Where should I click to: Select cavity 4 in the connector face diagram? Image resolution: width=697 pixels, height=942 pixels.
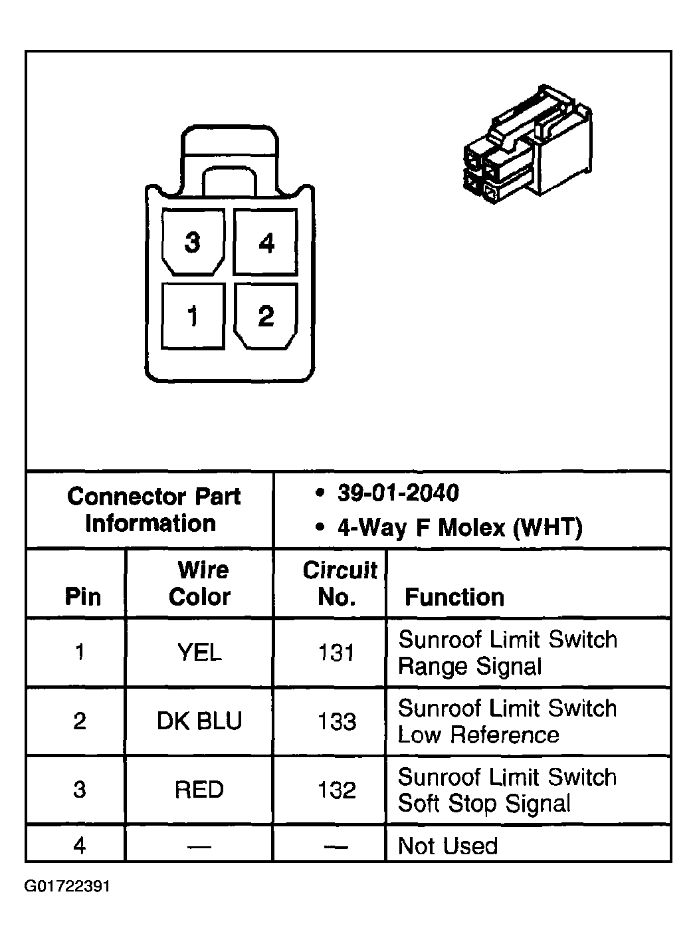click(x=266, y=242)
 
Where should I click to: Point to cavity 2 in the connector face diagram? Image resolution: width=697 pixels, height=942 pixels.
click(x=266, y=316)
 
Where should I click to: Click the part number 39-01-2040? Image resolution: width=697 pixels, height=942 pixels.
click(x=397, y=493)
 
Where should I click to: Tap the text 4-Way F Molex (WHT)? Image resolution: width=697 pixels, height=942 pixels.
click(x=459, y=528)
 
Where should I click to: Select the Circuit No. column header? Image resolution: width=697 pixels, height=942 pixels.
click(x=339, y=583)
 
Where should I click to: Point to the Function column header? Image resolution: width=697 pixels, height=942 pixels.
click(x=454, y=597)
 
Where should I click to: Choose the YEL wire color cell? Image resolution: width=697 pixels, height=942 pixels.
click(x=199, y=653)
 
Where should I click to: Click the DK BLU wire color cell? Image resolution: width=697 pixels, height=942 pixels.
click(x=199, y=721)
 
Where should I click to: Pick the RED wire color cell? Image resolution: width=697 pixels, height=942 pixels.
click(x=199, y=790)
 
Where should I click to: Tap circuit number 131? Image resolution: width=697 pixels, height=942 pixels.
click(x=337, y=653)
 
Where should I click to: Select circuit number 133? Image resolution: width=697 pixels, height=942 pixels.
click(x=337, y=721)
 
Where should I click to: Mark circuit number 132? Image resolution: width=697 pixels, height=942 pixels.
click(x=337, y=790)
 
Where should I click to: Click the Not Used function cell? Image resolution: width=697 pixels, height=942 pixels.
click(x=447, y=846)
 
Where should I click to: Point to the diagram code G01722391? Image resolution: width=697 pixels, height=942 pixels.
click(x=67, y=887)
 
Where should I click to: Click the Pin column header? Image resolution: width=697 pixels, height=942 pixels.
click(x=82, y=596)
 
